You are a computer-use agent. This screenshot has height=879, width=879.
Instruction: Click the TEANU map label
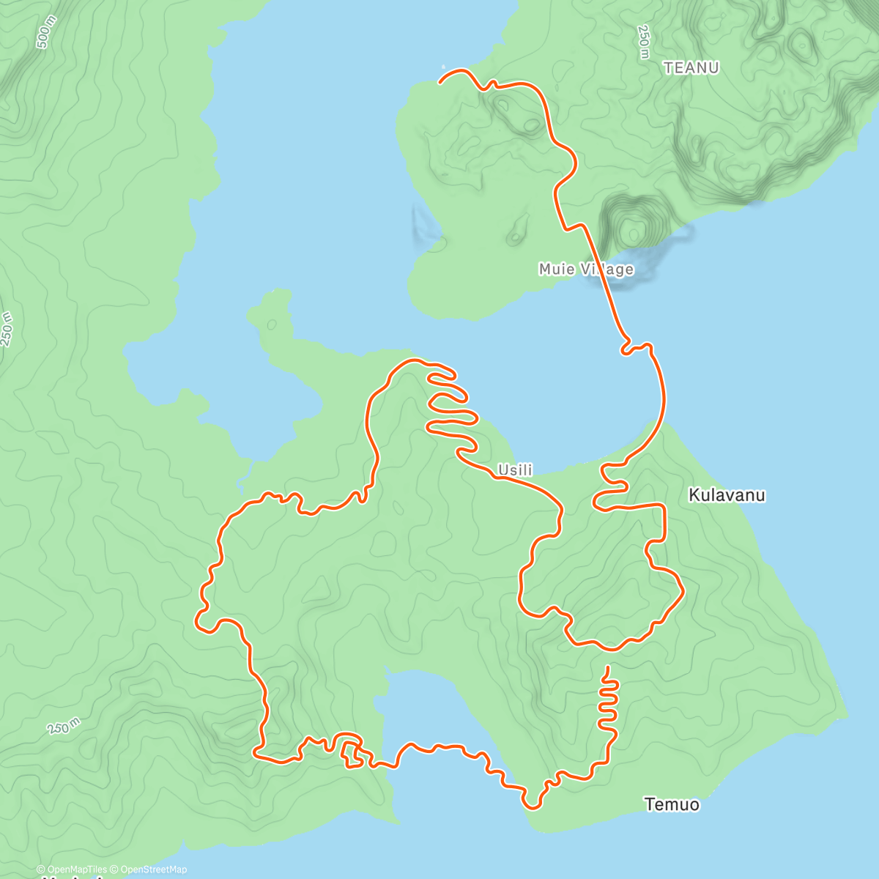[x=691, y=67]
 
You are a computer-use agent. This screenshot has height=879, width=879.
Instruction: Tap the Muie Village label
[x=585, y=269]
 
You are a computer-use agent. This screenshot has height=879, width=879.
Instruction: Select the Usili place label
[x=515, y=470]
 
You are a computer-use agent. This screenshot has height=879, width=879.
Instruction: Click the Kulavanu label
[x=727, y=495]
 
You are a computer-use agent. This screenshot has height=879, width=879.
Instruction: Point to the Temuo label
[x=672, y=804]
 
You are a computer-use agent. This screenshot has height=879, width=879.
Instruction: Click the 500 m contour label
[x=45, y=33]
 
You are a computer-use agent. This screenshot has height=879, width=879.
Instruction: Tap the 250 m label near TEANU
[x=643, y=42]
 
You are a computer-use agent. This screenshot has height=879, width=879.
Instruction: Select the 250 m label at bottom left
[x=64, y=727]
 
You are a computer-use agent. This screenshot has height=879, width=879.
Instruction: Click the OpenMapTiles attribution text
[x=72, y=869]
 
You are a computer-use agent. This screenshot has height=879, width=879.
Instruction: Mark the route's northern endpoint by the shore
[x=439, y=82]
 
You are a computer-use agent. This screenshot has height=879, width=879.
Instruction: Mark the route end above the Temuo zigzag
[x=607, y=667]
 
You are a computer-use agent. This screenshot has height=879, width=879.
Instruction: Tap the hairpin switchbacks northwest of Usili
[x=448, y=403]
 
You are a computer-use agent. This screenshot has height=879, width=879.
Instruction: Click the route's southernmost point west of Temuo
[x=533, y=808]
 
